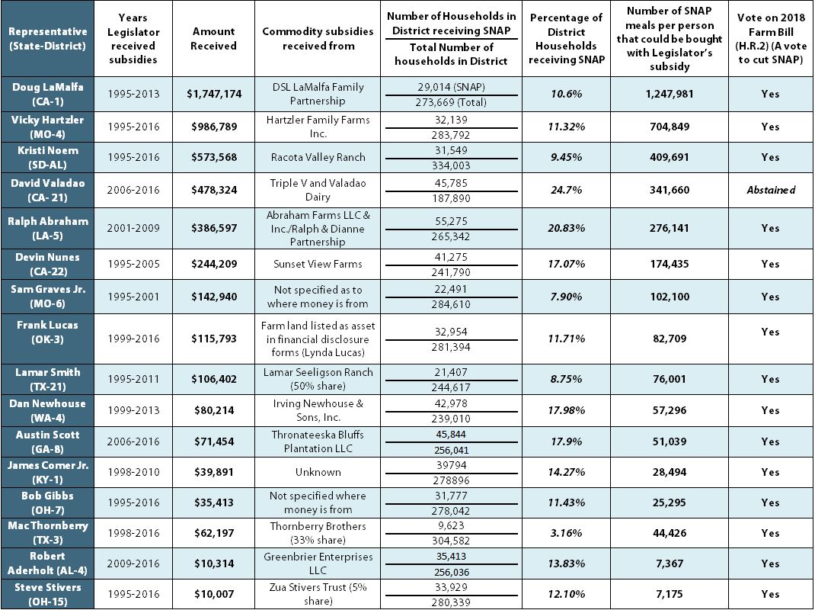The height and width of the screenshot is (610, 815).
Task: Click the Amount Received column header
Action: tap(213, 38)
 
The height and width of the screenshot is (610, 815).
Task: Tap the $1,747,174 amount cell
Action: tap(213, 94)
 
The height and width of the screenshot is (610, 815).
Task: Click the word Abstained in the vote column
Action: tap(770, 191)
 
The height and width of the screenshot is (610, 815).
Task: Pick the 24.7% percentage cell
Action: tap(567, 191)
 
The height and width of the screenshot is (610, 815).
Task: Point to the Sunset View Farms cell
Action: tap(318, 264)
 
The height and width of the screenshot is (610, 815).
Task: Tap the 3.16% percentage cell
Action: tap(567, 533)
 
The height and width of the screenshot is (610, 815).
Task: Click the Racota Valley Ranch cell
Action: tap(318, 157)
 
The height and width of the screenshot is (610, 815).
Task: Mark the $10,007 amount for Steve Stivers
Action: tap(213, 594)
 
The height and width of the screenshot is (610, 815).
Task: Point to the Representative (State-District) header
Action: tap(48, 38)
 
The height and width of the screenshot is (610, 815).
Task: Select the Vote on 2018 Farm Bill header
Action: tap(770, 38)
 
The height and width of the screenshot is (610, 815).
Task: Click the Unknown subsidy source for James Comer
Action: tap(318, 472)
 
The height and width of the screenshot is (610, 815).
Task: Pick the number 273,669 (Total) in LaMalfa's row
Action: tap(450, 102)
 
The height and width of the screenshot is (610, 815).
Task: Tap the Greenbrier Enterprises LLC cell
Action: tap(318, 563)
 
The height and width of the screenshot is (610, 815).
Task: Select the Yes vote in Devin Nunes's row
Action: tap(770, 264)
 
